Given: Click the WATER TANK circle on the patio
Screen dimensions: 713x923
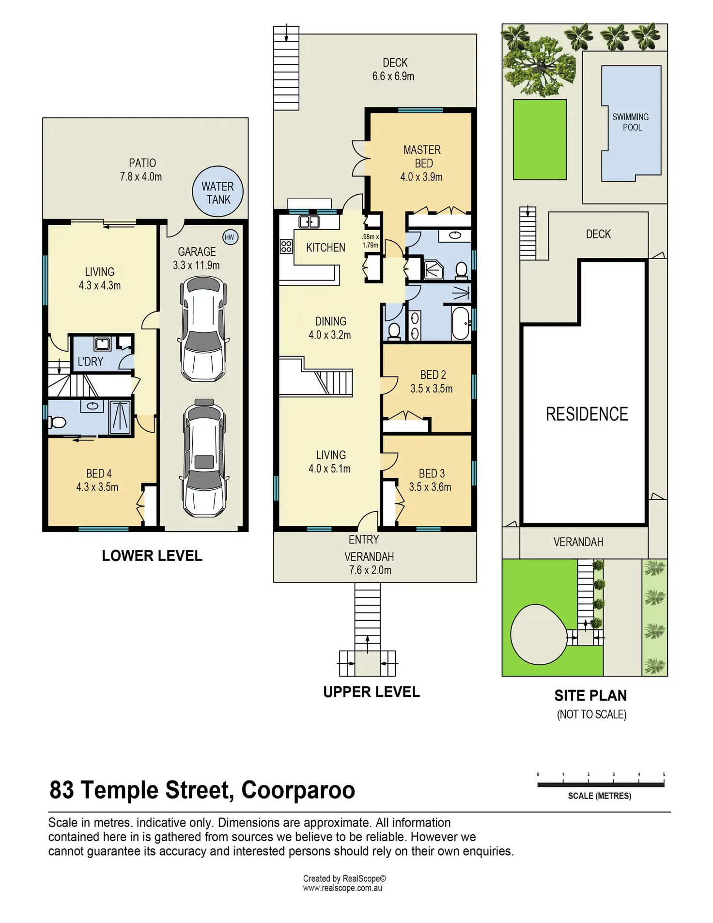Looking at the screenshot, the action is tap(217, 192).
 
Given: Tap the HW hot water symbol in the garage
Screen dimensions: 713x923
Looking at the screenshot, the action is tap(230, 237).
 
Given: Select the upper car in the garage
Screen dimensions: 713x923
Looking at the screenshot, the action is tap(203, 329).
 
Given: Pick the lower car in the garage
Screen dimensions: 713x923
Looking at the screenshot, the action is tap(204, 458).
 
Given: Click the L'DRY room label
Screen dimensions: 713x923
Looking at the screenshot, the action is tap(91, 361).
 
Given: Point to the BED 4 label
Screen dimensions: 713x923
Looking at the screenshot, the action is tap(99, 473).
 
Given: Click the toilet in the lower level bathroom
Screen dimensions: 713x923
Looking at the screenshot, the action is tap(58, 423).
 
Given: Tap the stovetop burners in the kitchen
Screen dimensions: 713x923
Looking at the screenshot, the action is tap(286, 247).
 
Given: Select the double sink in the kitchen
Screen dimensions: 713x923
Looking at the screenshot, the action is tap(309, 222).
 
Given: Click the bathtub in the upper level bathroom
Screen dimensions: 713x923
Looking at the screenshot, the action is tap(461, 323).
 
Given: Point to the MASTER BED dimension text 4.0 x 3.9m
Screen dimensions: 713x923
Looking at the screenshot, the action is tap(421, 177).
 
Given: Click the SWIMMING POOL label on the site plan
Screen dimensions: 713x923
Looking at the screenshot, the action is tap(631, 122).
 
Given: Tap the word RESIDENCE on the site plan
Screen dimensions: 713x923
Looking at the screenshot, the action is tap(587, 414).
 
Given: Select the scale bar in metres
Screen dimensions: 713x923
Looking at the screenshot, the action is tap(601, 784).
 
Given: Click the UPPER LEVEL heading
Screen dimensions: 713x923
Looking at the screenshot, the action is tap(372, 692).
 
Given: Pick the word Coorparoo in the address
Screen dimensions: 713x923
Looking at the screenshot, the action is tap(298, 790).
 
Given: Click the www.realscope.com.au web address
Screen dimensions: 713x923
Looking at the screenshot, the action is tap(342, 888).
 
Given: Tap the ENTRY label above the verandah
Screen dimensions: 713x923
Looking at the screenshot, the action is tap(364, 540).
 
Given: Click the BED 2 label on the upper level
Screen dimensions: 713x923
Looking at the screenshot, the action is tap(433, 375).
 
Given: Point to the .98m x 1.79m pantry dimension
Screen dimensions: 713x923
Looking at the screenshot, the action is tap(371, 241).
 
